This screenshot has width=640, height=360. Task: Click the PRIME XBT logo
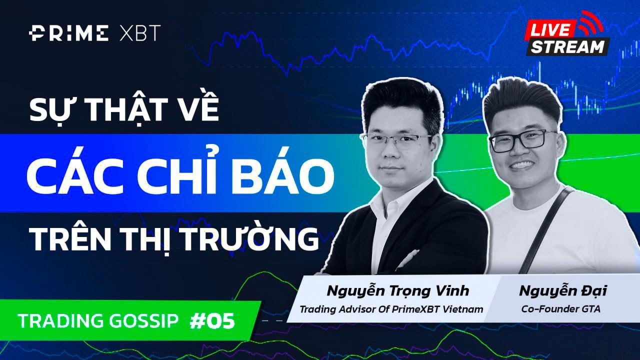(94, 34)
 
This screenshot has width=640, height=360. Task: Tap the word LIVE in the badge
(549, 30)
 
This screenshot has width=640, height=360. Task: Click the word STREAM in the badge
(567, 46)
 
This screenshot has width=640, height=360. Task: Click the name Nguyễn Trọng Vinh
(397, 290)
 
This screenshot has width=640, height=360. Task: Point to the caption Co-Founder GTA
(560, 309)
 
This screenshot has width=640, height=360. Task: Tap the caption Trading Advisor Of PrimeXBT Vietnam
(391, 309)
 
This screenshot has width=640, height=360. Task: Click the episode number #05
(212, 321)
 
